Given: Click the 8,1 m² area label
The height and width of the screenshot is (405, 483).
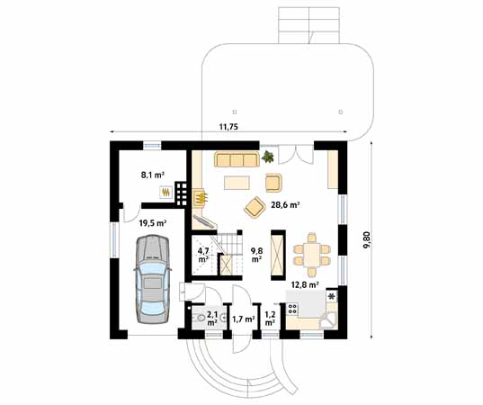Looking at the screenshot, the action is [152, 175].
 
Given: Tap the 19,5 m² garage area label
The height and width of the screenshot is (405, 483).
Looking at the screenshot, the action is [153, 223].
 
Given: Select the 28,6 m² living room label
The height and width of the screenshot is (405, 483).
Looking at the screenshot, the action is [285, 204].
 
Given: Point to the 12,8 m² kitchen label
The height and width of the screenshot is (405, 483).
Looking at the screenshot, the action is [305, 284].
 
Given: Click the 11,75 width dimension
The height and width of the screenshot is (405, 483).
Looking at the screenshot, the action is [228, 127].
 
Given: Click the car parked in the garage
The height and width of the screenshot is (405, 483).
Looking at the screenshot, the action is [153, 279].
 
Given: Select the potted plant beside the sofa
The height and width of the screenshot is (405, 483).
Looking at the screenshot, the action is [268, 157].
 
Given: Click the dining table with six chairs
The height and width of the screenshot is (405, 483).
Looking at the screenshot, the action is [312, 255].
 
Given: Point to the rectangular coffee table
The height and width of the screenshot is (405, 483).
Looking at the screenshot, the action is [237, 182].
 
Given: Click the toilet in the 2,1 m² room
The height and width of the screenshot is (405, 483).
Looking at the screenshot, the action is [199, 318].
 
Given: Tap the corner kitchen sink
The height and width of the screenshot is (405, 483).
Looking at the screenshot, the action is [327, 320].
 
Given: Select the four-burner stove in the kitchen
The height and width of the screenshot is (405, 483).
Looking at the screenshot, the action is [292, 309].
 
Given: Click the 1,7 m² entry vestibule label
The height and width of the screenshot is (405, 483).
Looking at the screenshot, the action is [244, 319].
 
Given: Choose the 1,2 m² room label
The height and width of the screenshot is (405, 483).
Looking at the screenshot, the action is [270, 319].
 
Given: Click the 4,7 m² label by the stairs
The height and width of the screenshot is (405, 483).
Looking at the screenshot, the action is [203, 255].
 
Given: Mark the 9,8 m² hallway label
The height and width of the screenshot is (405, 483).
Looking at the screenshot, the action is [256, 255].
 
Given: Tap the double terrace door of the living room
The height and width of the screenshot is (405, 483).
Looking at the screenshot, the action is [295, 154].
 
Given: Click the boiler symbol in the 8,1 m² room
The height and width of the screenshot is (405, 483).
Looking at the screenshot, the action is [166, 193].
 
